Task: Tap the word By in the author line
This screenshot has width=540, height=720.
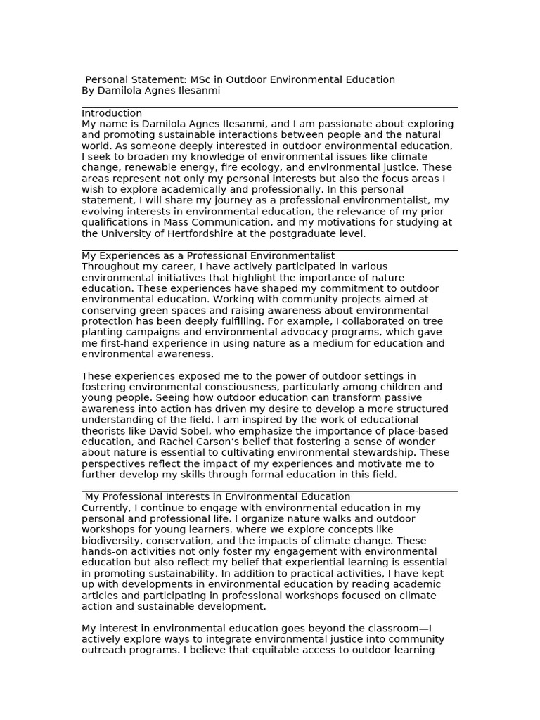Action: [88, 91]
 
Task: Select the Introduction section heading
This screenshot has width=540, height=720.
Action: [112, 113]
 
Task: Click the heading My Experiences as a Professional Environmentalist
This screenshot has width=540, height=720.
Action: [208, 255]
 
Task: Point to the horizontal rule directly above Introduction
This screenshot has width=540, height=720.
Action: [269, 108]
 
